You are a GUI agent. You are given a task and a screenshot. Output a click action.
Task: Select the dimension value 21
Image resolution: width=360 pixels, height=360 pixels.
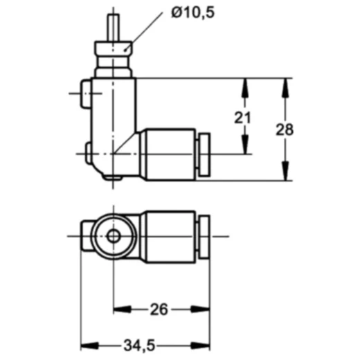[242, 118]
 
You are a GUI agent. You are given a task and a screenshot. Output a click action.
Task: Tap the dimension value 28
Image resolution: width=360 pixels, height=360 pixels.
[285, 129]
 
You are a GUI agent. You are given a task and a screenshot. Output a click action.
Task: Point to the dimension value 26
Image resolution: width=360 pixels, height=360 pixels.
[159, 309]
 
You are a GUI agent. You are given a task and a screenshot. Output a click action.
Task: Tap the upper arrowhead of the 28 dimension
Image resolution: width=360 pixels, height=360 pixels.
[285, 84]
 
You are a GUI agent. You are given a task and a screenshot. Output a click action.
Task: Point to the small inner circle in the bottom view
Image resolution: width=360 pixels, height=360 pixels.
[113, 236]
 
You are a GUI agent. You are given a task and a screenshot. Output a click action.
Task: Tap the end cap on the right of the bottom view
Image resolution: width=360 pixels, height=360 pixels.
[204, 236]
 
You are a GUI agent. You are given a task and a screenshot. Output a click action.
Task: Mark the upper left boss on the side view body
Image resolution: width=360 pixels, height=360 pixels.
[85, 93]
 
